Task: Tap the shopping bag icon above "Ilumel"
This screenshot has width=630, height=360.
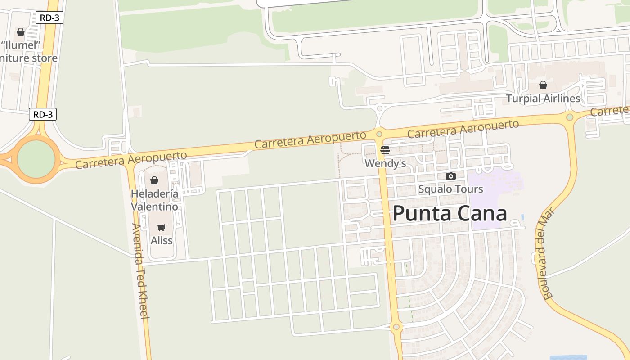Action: (21, 32)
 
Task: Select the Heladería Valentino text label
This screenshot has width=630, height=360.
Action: (154, 200)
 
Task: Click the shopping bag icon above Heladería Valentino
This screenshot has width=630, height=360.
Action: (154, 180)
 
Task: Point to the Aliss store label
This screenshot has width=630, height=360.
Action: (162, 240)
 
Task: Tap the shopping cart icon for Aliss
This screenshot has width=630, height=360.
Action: (162, 227)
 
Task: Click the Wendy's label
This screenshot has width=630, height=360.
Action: (385, 163)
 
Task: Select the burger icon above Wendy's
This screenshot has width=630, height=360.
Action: (385, 150)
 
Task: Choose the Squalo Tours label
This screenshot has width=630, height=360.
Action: (450, 189)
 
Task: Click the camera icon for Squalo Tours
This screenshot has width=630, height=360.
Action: (450, 176)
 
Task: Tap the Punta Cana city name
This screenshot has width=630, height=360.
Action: (450, 214)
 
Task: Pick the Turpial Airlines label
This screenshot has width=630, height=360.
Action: (543, 98)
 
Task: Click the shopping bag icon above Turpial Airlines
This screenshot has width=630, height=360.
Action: (543, 85)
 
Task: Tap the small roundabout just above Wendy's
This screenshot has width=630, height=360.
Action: (379, 134)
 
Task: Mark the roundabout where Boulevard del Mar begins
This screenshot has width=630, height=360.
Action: (570, 117)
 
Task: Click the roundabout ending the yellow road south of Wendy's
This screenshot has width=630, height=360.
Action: (396, 327)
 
